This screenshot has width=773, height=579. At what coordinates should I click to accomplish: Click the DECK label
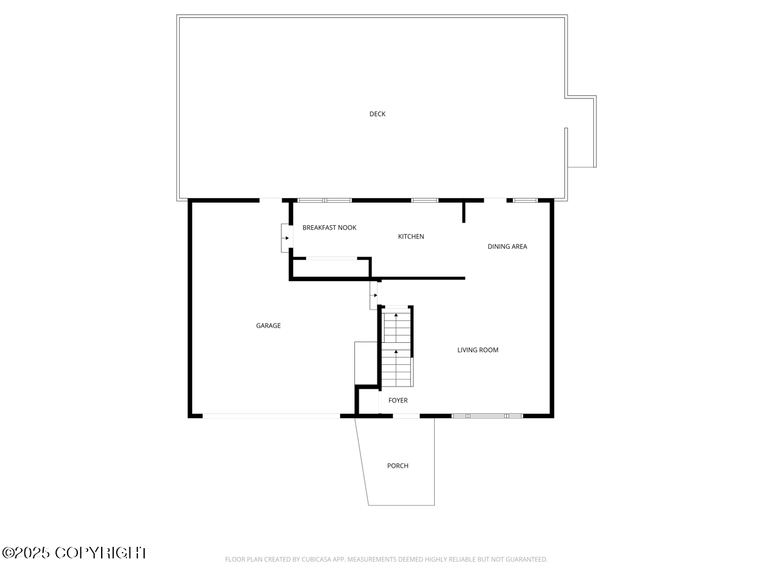[377, 114]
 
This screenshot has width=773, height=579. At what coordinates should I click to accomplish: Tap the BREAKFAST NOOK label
[329, 228]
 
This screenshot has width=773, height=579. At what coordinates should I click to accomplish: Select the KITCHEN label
[411, 237]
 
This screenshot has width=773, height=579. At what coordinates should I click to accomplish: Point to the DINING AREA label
[507, 246]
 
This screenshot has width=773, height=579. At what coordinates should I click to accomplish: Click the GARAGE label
[269, 326]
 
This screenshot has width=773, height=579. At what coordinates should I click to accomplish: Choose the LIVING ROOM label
[478, 350]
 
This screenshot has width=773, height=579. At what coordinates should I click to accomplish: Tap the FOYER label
[397, 400]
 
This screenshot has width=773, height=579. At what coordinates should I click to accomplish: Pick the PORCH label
[397, 466]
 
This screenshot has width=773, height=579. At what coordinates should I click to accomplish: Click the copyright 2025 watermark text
[74, 553]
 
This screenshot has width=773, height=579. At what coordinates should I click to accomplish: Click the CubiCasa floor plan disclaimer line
[386, 560]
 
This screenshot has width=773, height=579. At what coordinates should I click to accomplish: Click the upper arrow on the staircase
[396, 315]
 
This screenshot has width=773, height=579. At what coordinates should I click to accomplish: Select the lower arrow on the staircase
[396, 352]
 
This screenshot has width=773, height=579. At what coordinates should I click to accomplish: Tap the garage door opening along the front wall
[271, 416]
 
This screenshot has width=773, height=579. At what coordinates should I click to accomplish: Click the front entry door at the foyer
[406, 416]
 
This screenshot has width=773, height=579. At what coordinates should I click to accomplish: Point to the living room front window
[487, 416]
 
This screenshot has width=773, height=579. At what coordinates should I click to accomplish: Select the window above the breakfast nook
[325, 200]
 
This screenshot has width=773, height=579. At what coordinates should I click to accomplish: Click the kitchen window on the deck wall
[425, 200]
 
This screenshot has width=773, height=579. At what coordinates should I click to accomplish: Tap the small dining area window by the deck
[525, 200]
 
